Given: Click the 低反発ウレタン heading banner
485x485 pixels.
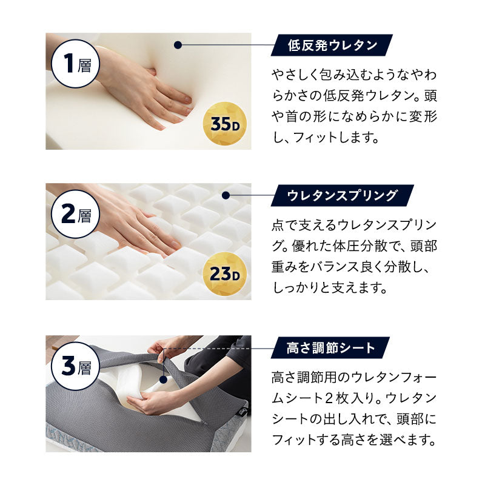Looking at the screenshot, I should click(333, 45).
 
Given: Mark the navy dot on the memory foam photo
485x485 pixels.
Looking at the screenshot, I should click(178, 45).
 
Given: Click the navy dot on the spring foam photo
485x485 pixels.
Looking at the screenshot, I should click(226, 196).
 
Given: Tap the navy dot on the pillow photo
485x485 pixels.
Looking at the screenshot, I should click(163, 381).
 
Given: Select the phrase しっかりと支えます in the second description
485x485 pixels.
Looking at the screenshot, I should click(329, 288).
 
